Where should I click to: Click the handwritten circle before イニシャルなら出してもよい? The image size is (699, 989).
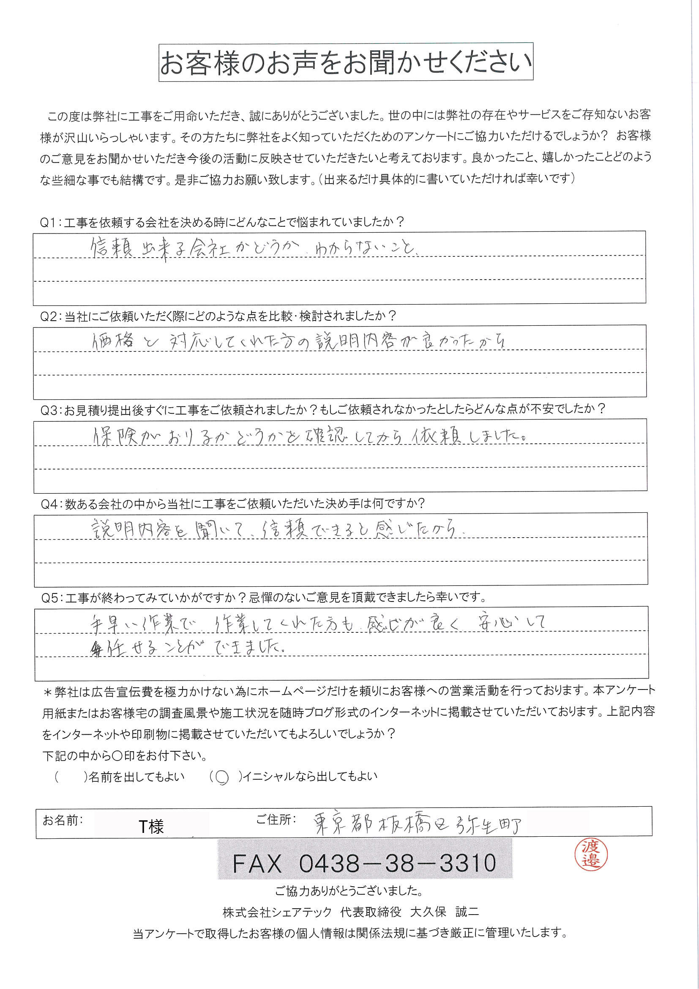click(222, 777)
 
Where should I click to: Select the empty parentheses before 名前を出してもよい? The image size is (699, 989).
click(70, 777)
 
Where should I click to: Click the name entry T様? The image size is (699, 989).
click(151, 826)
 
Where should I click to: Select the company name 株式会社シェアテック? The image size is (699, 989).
click(278, 912)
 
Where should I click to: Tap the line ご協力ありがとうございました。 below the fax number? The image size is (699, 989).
click(349, 890)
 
